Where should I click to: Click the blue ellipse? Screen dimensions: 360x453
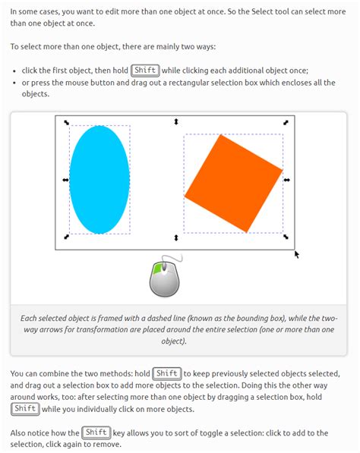(99, 179)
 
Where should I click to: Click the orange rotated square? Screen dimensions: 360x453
(233, 183)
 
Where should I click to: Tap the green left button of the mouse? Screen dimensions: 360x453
(159, 268)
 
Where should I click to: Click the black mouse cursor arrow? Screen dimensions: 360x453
(296, 254)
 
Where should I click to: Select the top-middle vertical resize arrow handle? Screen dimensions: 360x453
(176, 121)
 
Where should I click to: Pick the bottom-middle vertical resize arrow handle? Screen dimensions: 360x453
(176, 238)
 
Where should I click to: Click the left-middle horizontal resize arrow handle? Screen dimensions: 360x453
(65, 180)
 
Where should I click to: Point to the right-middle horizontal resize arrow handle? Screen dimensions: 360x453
(287, 180)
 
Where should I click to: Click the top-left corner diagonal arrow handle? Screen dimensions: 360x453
(66, 122)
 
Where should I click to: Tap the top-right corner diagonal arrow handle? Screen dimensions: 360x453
(286, 122)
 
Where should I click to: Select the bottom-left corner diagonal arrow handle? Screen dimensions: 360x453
(66, 238)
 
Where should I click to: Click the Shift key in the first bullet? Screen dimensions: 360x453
(145, 71)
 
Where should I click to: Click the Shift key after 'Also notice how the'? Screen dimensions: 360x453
(96, 433)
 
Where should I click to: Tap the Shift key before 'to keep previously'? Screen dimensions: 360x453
(167, 373)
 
